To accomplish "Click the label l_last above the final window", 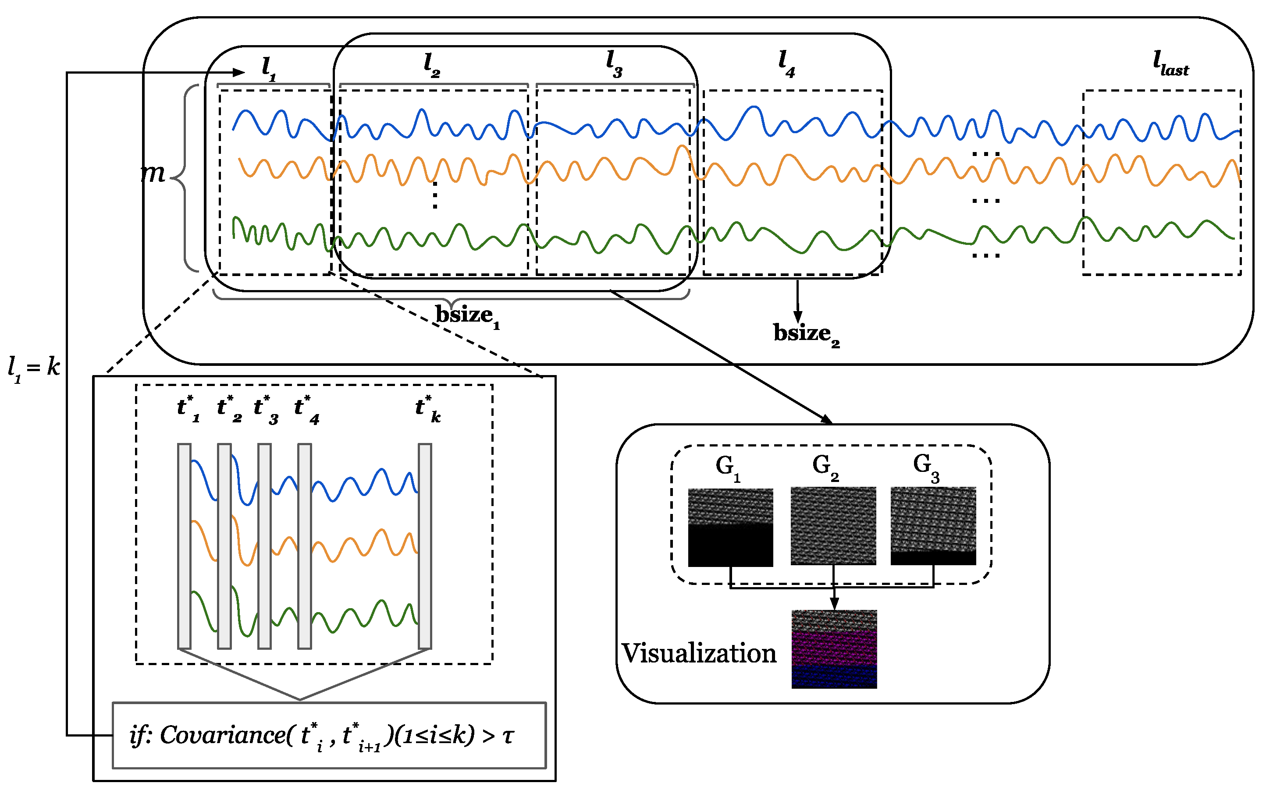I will tap(1170, 64).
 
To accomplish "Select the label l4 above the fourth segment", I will tap(786, 64).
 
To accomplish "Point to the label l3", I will tap(614, 64).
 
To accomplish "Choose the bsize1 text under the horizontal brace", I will tap(467, 316).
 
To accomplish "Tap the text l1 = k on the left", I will tap(34, 367).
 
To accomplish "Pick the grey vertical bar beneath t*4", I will tap(304, 546).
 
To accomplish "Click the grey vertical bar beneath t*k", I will tap(425, 546).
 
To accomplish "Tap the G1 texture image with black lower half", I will tap(730, 528).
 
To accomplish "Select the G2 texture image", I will tap(833, 526).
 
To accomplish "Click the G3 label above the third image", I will tap(926, 467).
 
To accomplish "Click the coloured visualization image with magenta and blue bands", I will tap(834, 649).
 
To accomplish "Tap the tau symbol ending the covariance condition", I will tap(507, 737).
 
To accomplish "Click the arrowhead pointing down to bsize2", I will tap(797, 317).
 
